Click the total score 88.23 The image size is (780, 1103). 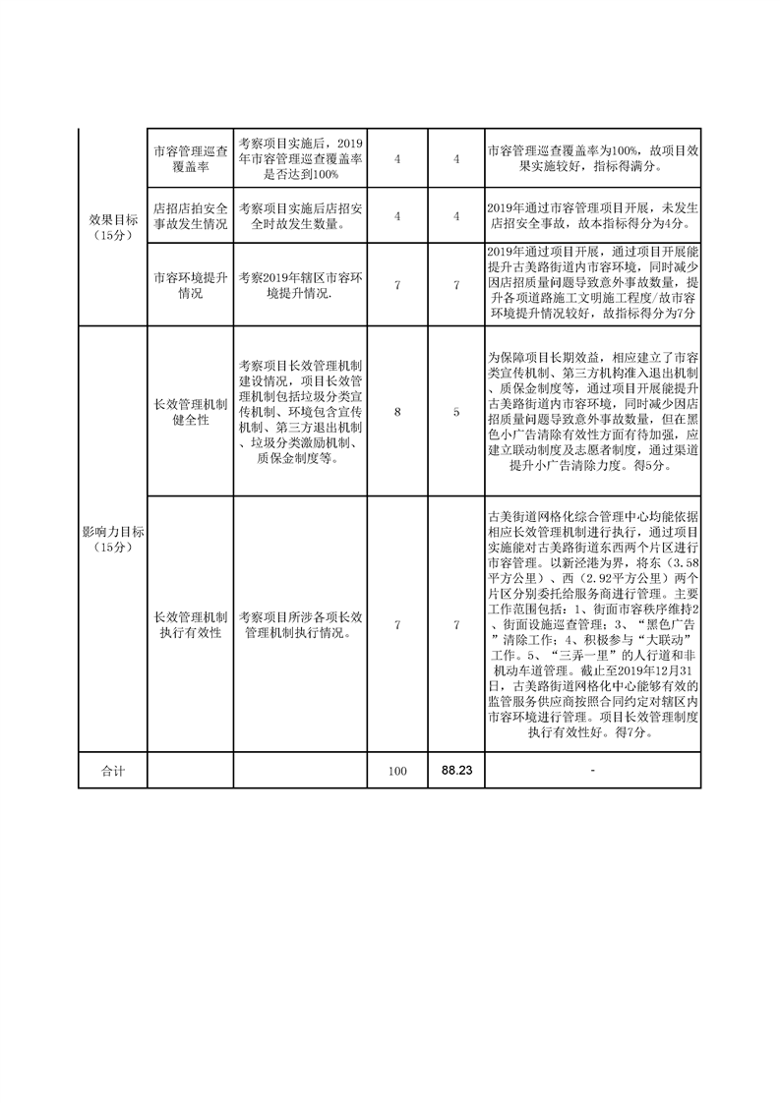pos(456,771)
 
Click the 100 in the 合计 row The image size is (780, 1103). pos(397,772)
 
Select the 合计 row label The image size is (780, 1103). pos(112,772)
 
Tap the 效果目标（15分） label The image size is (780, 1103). pos(112,226)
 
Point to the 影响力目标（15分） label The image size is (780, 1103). pos(112,538)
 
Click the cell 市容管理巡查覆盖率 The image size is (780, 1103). pos(190,157)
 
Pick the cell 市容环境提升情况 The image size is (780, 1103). pos(190,285)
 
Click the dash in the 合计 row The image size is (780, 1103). pos(592,772)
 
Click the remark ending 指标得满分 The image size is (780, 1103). pos(592,158)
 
